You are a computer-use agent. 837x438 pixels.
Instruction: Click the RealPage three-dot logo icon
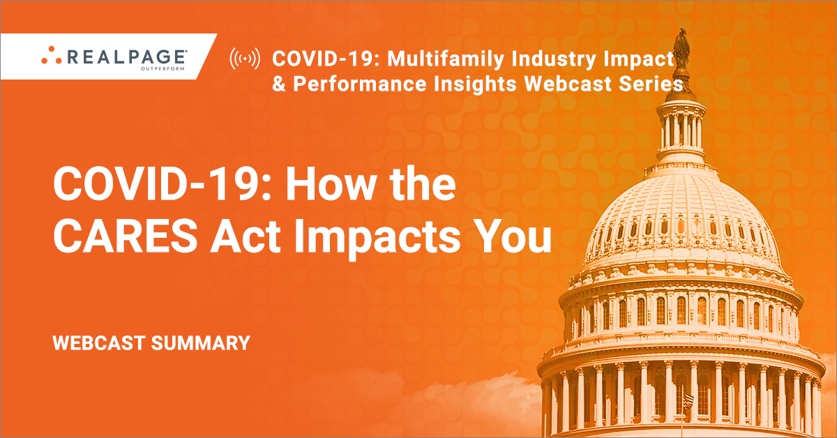(51, 55)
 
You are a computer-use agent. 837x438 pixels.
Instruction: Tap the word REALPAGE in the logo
(126, 57)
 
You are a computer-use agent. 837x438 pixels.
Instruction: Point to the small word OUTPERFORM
(163, 69)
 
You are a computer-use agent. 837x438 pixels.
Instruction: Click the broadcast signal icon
(245, 59)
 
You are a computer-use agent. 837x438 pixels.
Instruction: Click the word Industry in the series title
(554, 59)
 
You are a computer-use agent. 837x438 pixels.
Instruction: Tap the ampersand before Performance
(279, 84)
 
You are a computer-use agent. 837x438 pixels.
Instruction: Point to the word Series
(651, 84)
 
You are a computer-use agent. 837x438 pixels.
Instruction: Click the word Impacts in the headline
(377, 238)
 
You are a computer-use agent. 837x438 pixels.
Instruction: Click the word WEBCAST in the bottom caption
(99, 343)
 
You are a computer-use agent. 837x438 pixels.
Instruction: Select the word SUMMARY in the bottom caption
(201, 343)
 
